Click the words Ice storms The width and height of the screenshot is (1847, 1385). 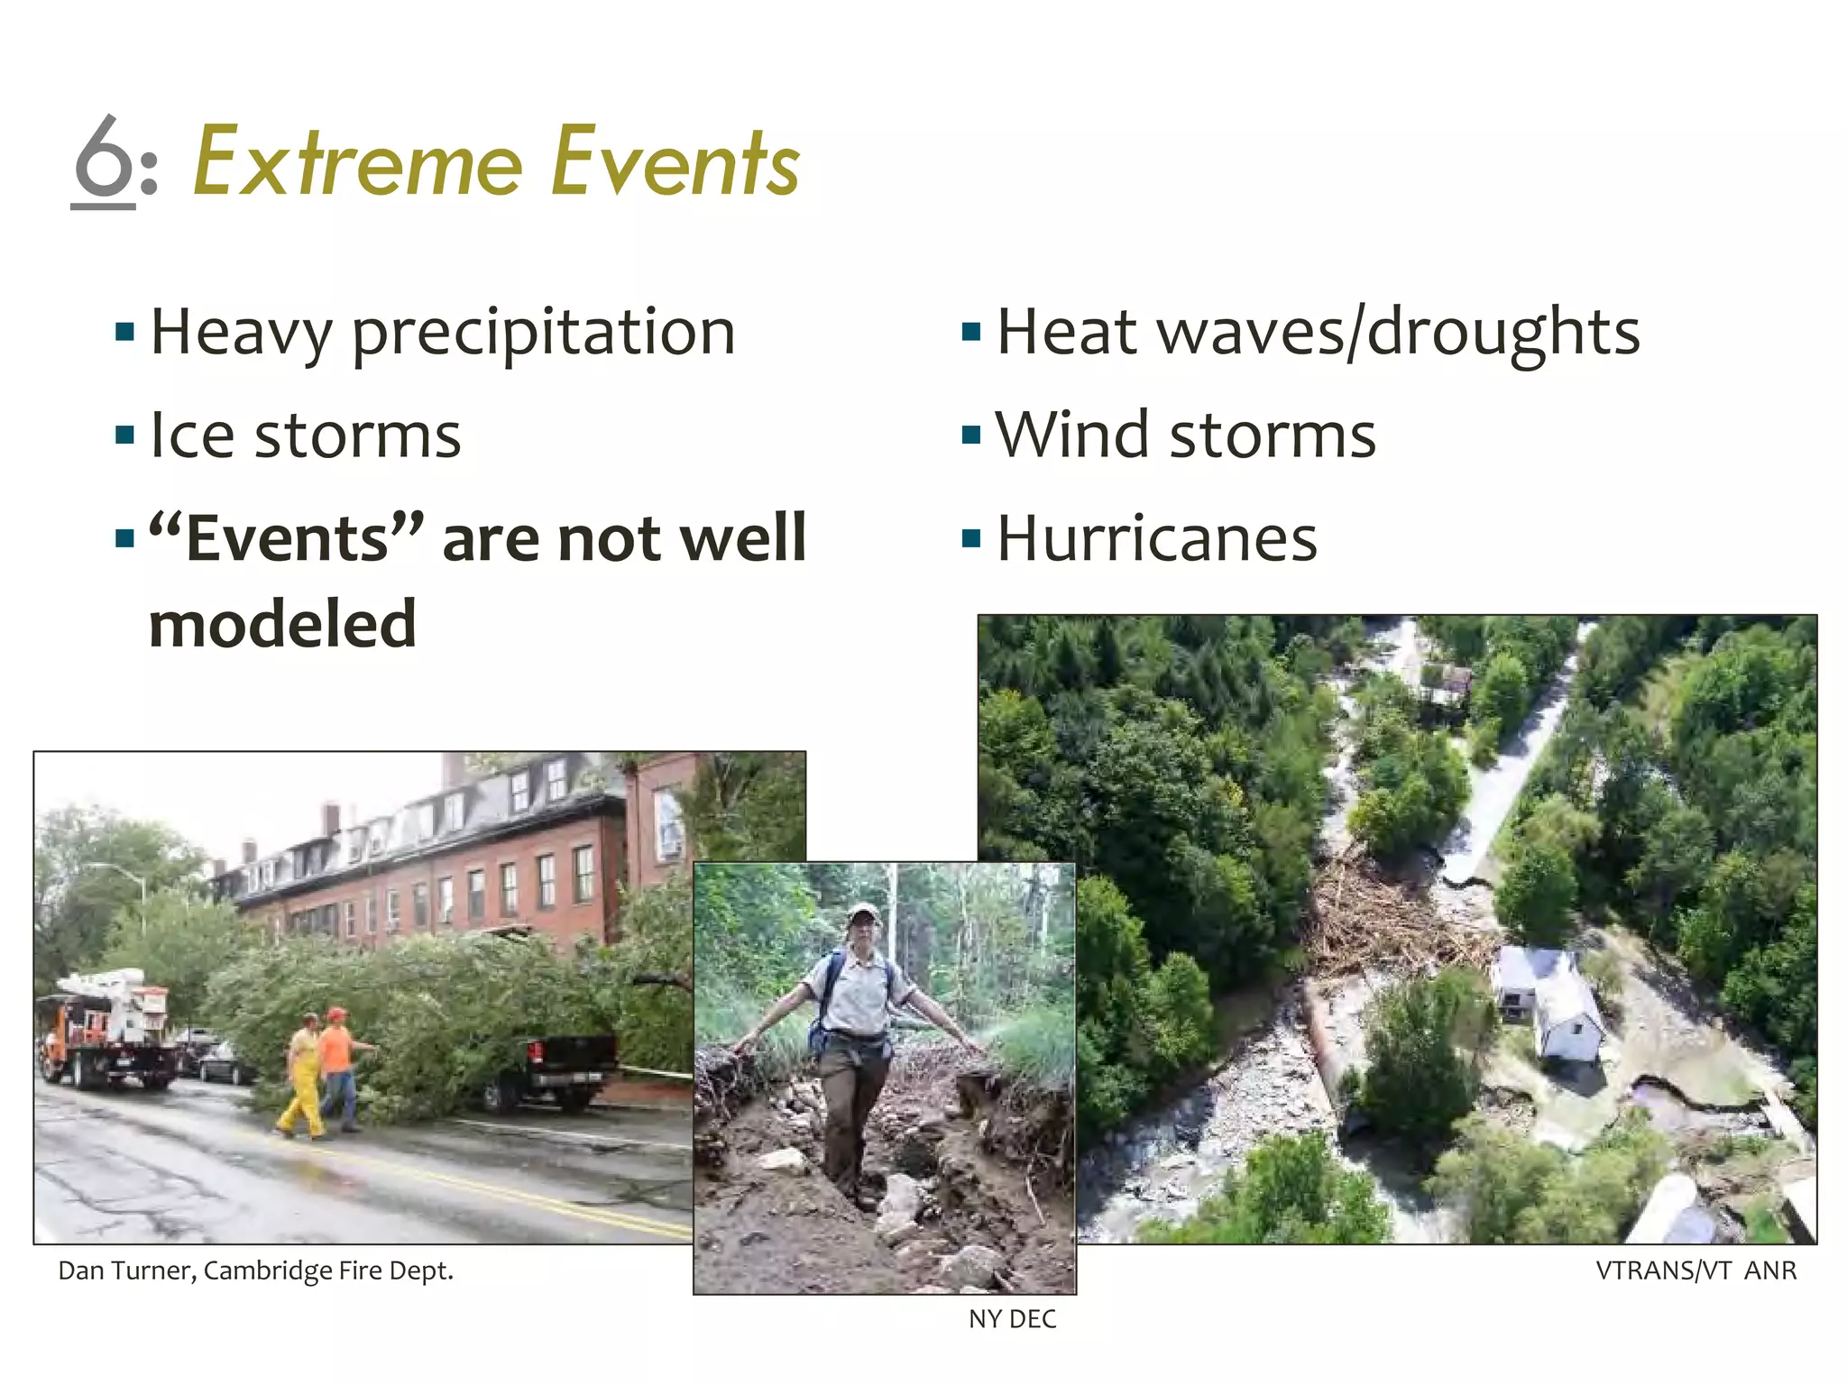305,436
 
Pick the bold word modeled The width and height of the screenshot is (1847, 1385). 282,624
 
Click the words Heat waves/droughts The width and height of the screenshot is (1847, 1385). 1318,333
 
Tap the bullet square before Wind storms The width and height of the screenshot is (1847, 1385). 970,436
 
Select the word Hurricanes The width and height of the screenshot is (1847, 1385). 1156,539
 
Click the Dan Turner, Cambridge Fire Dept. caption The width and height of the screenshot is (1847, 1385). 255,1270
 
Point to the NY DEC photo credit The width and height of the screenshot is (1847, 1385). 1012,1319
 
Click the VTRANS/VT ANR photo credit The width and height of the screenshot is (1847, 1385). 1695,1270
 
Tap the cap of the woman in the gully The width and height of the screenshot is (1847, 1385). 863,912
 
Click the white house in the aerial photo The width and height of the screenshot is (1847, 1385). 1547,1001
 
